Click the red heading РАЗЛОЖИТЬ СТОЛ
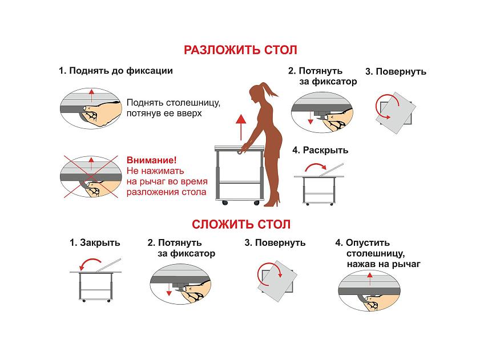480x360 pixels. point(240,50)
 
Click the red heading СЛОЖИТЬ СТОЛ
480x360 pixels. point(241,224)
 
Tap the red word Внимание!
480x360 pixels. point(151,160)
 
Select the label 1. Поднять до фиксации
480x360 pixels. point(116,71)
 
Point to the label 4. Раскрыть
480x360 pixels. point(320,150)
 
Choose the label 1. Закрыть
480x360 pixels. point(95,242)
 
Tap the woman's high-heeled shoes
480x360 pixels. point(273,200)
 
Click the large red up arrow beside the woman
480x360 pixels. point(241,127)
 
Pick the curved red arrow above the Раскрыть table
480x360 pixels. point(315,165)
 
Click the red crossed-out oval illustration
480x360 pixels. point(91,177)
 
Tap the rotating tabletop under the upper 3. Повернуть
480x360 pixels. point(396,112)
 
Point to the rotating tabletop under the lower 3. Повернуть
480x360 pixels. point(277,281)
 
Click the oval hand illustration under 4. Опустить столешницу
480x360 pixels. point(369,291)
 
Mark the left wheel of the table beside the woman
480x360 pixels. point(225,203)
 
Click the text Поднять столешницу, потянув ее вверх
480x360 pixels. point(174,108)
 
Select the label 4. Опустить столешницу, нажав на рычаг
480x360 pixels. point(378,253)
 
